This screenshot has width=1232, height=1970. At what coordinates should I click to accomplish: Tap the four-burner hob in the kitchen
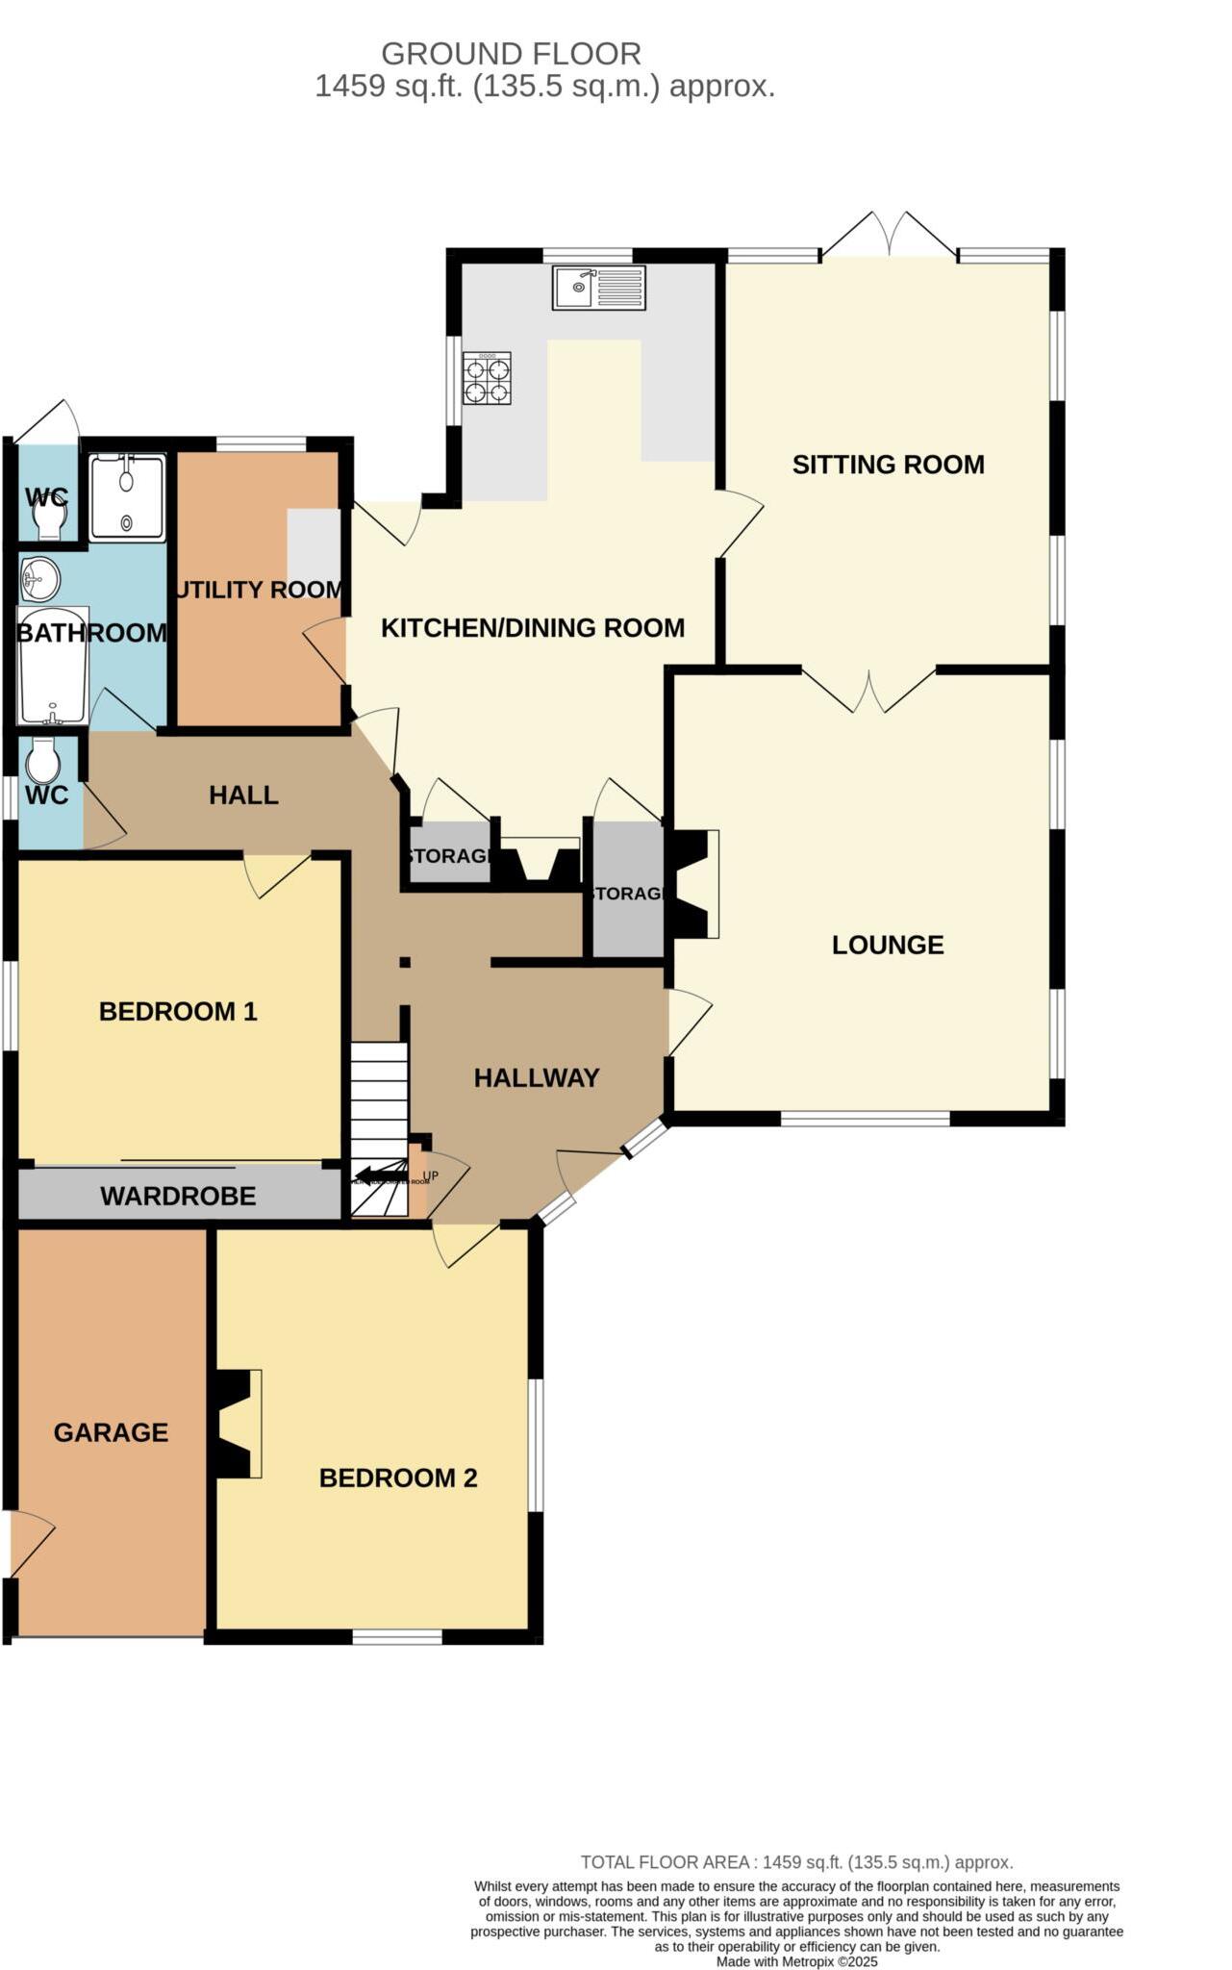[487, 378]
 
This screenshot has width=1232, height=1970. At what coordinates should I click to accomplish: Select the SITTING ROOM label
[888, 465]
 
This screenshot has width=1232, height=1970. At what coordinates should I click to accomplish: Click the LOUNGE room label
[887, 945]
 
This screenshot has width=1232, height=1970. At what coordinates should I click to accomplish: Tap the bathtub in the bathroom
[54, 666]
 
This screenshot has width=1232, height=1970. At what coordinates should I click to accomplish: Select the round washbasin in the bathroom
[40, 579]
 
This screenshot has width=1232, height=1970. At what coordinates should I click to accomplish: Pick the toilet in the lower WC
[43, 761]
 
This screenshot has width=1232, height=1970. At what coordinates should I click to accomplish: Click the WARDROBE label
[178, 1196]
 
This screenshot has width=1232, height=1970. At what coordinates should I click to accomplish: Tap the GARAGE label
[111, 1432]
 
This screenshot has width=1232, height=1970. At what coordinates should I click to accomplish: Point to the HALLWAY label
[536, 1077]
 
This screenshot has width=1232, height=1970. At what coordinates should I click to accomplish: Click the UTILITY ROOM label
[258, 590]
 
